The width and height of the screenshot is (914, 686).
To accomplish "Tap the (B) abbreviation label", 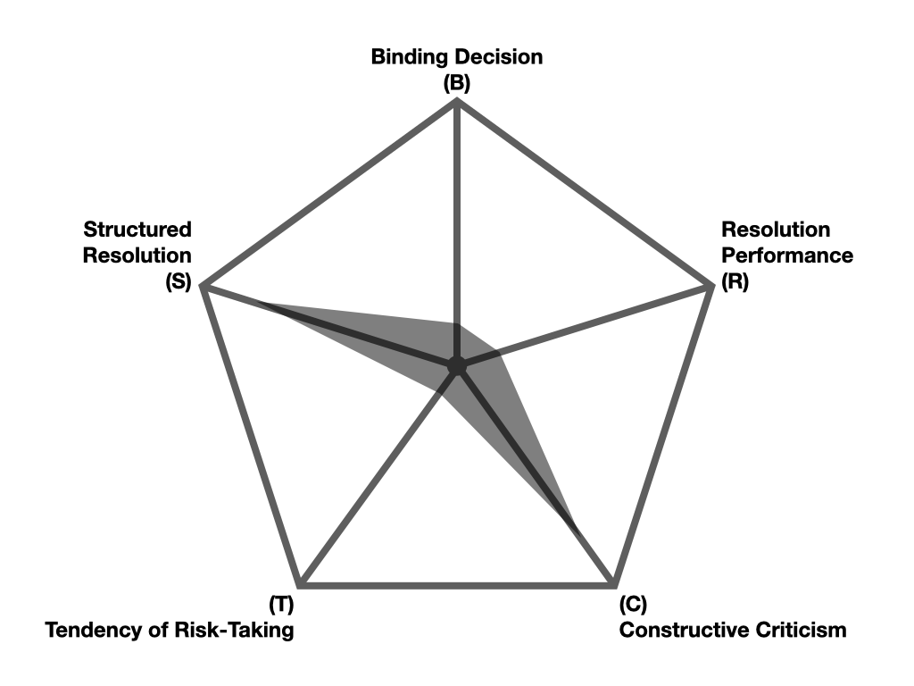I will (456, 83).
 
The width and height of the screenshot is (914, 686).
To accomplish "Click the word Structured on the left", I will (137, 230).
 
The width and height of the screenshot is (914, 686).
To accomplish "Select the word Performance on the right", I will (787, 255).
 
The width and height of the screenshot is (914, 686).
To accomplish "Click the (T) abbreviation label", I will (281, 605).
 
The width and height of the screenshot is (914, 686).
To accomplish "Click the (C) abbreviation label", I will (632, 605).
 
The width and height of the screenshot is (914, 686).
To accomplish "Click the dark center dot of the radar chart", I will (457, 365).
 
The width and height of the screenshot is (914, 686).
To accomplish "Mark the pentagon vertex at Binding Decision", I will (457, 101).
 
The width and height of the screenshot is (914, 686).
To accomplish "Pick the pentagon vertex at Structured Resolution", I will (204, 287).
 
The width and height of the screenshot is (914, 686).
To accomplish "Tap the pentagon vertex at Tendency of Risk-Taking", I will (302, 585).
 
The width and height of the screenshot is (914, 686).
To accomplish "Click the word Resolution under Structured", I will (137, 255).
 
